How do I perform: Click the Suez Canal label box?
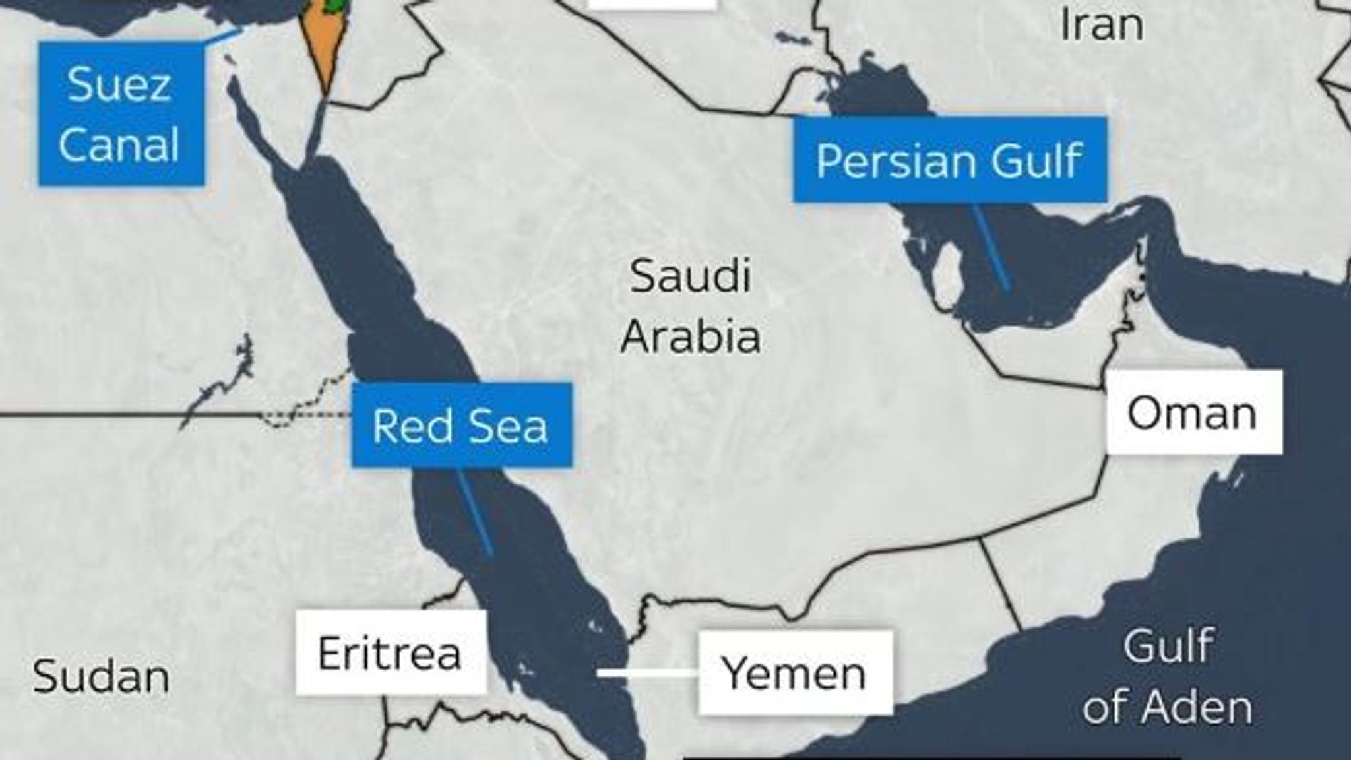121,113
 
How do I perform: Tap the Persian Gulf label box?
949,159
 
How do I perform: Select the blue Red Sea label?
461,426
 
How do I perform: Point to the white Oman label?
1193,413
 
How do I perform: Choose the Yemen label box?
795,673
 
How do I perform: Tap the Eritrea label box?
391,653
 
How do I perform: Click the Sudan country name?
101,676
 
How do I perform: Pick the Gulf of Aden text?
1168,676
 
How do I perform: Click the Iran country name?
1101,25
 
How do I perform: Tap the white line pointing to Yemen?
647,673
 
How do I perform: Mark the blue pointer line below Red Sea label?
475,511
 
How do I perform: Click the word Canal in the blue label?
119,144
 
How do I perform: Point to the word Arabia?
691,336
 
